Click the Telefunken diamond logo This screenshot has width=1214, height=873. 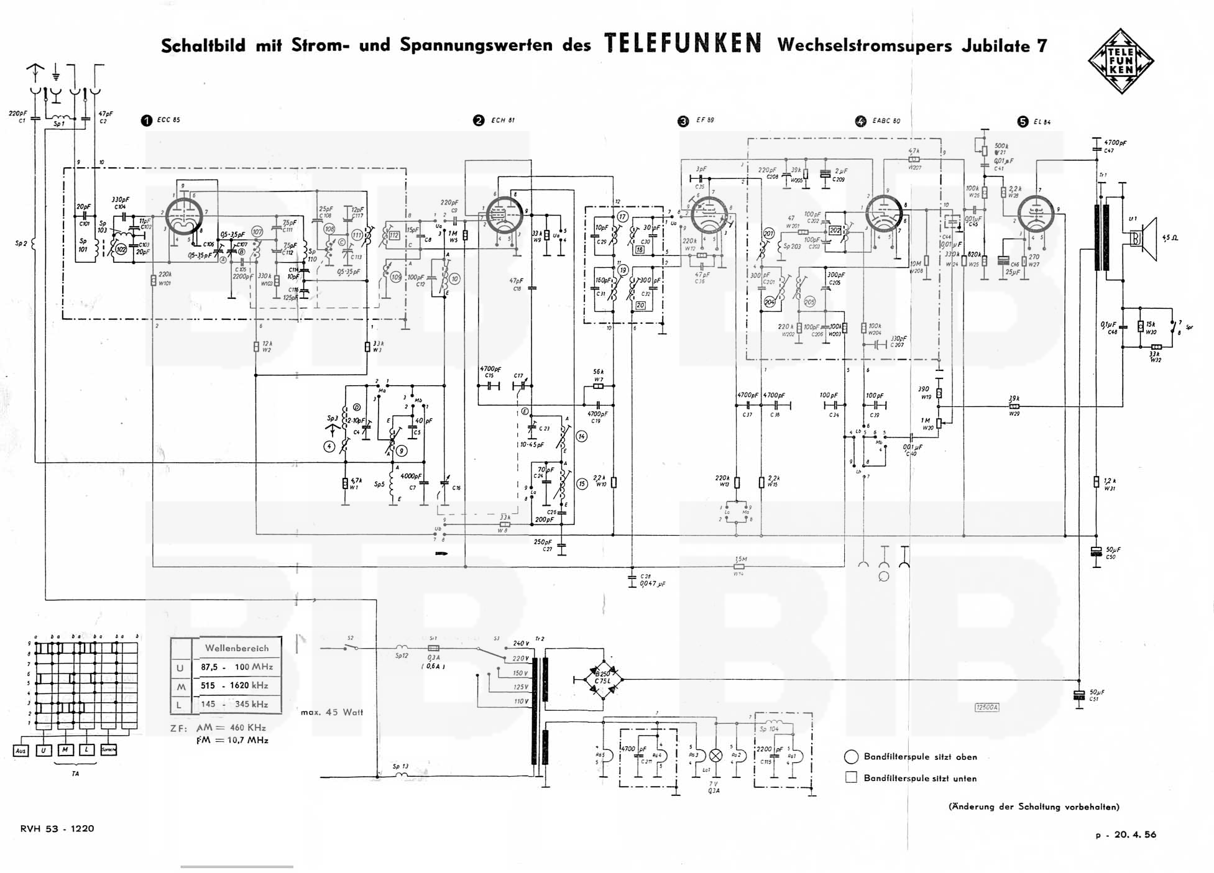point(1121,62)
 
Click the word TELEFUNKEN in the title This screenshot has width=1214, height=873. point(683,44)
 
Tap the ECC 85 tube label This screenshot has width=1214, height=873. point(168,120)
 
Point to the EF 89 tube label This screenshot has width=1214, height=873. point(705,121)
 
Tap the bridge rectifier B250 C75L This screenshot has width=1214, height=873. point(602,679)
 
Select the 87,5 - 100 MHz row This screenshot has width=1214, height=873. point(236,667)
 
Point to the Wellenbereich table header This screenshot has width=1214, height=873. point(237,648)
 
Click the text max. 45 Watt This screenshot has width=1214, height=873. point(331,712)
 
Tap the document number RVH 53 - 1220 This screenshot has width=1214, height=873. point(57,828)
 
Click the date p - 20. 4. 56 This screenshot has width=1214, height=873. point(1126,834)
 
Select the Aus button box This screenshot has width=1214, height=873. point(21,751)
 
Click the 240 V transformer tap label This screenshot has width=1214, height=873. point(520,644)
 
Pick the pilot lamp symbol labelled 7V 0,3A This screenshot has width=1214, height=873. point(715,756)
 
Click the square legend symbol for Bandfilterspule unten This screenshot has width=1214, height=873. point(851,777)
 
